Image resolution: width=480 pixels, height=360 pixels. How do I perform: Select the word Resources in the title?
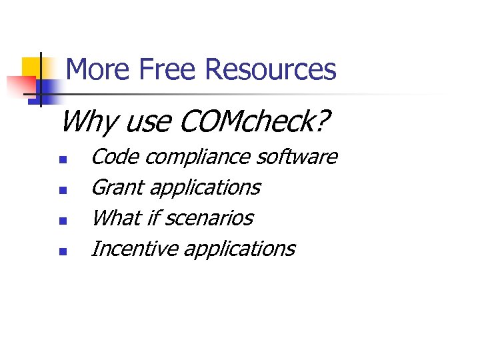(271, 69)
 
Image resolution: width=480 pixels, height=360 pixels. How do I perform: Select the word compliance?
(199, 158)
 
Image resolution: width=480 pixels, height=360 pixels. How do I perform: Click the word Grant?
(117, 187)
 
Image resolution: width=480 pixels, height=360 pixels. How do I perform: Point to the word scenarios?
(209, 218)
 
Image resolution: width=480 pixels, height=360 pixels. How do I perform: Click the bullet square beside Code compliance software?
(62, 160)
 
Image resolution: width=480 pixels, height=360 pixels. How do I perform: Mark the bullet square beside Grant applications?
(62, 191)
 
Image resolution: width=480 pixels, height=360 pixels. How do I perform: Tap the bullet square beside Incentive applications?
(62, 252)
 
